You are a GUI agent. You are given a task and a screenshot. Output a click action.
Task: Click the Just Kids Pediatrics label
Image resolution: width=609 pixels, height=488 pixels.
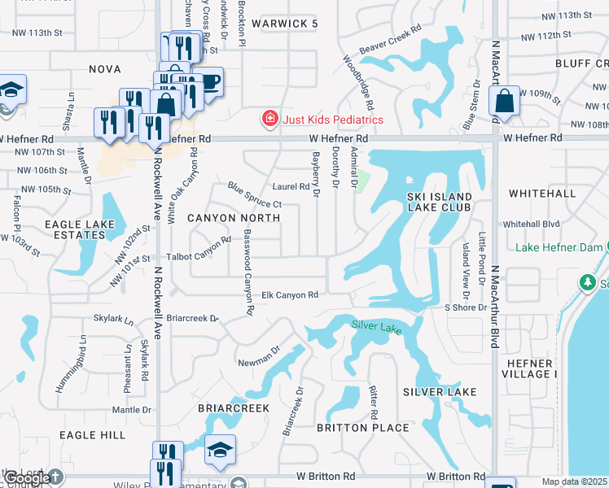pos(332,120)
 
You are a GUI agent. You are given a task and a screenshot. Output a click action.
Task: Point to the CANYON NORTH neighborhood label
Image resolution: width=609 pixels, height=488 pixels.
pos(234,218)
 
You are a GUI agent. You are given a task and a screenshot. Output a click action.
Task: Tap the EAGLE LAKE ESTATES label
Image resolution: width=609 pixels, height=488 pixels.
pos(75,229)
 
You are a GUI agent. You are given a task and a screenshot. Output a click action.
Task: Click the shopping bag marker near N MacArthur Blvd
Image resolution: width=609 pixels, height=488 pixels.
pos(505,102)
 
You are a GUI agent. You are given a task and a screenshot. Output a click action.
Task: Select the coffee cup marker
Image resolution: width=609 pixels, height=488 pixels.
pos(208,82)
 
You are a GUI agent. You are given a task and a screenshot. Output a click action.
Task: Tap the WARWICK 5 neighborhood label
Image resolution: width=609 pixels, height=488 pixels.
pos(284,24)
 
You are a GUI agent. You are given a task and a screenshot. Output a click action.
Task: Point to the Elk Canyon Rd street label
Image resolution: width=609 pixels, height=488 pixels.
pos(290,295)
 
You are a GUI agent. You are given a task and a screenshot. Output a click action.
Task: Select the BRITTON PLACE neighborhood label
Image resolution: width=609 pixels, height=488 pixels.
pos(362,428)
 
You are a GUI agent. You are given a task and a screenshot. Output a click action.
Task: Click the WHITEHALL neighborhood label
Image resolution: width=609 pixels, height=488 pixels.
pos(541,194)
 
